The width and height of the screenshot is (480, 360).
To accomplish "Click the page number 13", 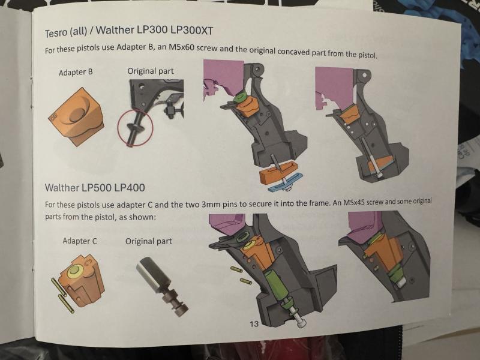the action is pyautogui.click(x=254, y=324).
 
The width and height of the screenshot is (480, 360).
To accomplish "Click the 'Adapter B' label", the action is pyautogui.click(x=76, y=72).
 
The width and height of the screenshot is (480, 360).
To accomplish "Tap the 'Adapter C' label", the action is pyautogui.click(x=80, y=241).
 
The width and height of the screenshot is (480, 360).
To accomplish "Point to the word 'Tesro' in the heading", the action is pyautogui.click(x=56, y=32).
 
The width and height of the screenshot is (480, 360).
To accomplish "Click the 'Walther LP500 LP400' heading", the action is pyautogui.click(x=95, y=187).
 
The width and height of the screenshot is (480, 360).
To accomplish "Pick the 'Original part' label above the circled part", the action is pyautogui.click(x=151, y=71).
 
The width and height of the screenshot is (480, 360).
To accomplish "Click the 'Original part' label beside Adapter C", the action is pyautogui.click(x=148, y=241).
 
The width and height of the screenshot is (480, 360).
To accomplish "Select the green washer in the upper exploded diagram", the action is pyautogui.click(x=239, y=98).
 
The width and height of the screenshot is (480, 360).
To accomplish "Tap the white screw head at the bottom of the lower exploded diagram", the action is pyautogui.click(x=299, y=322).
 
